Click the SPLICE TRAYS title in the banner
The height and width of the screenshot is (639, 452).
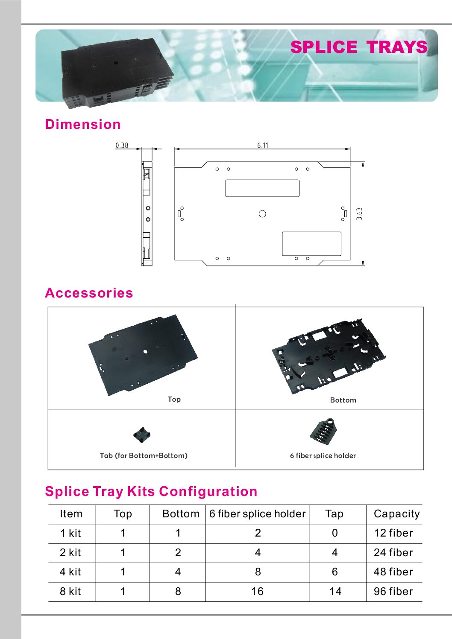tap(358, 47)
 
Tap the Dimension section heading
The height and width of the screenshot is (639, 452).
tap(83, 124)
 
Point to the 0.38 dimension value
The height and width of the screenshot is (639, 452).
tap(122, 146)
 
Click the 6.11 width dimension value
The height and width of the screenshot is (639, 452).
tap(263, 146)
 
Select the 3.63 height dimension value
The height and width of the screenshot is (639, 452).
tap(359, 213)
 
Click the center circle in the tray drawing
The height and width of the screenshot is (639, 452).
tap(262, 214)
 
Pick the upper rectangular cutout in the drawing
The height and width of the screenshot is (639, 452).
tap(262, 188)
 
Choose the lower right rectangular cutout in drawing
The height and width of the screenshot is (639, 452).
tap(311, 244)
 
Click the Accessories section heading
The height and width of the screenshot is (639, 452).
tap(89, 293)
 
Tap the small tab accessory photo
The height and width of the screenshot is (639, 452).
tap(142, 435)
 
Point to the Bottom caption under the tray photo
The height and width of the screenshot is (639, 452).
tap(343, 400)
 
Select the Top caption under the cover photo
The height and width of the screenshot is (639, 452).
tap(174, 399)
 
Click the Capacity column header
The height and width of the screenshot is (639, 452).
tap(396, 514)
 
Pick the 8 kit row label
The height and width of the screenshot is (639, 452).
tap(70, 591)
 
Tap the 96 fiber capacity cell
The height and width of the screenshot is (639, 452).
tap(393, 591)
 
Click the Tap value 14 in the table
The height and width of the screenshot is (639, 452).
tap(335, 591)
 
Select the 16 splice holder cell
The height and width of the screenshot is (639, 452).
tap(257, 591)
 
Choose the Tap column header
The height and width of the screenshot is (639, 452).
tap(334, 514)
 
